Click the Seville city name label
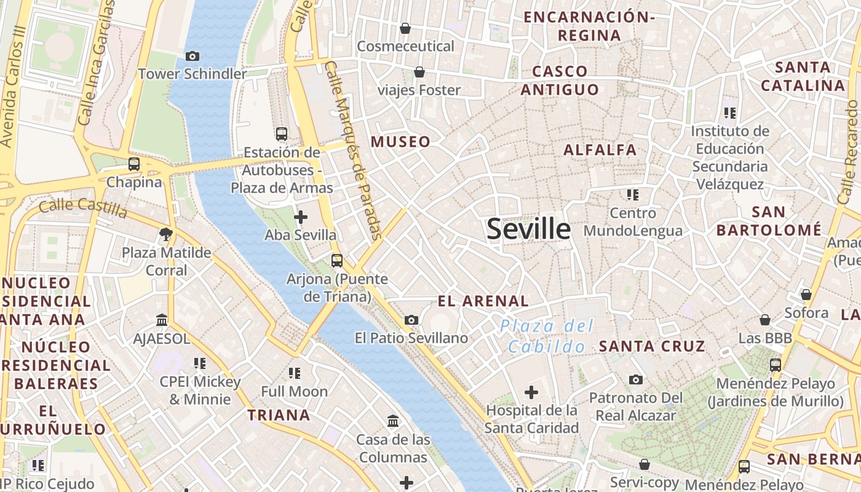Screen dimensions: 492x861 click(528, 229)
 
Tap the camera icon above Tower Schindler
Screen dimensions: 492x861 click(192, 57)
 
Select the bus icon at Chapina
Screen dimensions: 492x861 click(134, 164)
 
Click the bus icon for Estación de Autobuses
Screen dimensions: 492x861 click(282, 134)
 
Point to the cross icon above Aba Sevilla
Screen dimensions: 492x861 click(301, 217)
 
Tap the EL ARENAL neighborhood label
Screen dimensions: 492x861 click(483, 301)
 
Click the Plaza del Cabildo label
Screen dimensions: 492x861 click(547, 336)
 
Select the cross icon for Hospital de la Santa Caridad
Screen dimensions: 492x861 click(531, 392)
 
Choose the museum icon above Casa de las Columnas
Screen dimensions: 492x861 click(393, 421)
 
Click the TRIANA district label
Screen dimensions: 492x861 click(279, 415)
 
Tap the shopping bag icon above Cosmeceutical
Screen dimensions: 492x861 click(405, 28)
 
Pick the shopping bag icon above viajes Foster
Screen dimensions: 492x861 click(419, 73)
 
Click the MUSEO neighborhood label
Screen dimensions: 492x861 click(400, 142)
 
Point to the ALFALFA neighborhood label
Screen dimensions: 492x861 click(600, 149)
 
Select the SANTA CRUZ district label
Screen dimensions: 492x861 click(652, 346)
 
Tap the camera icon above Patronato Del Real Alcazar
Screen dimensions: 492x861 click(636, 380)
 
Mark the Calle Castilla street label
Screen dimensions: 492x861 click(82, 209)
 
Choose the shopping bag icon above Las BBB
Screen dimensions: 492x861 click(765, 320)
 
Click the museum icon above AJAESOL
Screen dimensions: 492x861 click(162, 320)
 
